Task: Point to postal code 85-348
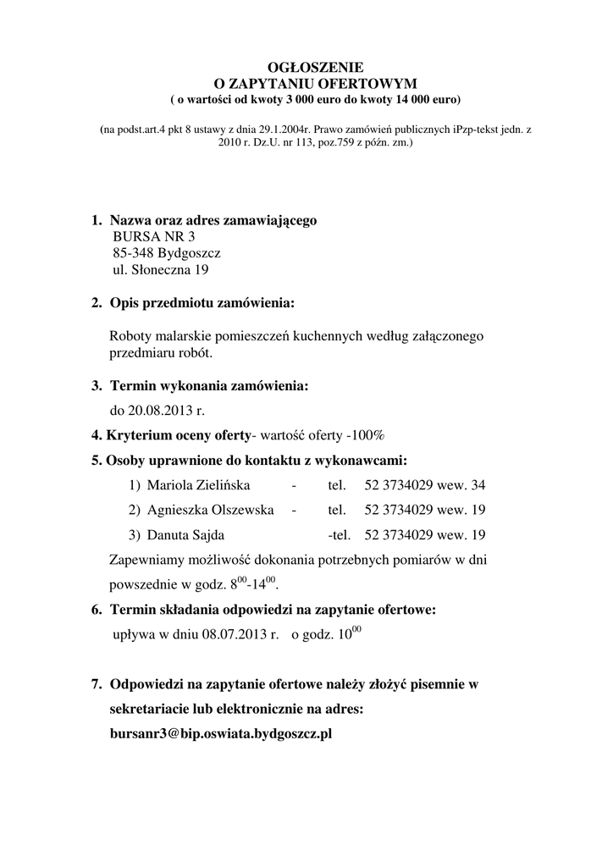coord(133,254)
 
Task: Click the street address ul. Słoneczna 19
coord(160,271)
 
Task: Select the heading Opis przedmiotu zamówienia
coord(203,303)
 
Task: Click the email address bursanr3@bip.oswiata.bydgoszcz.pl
coord(221,734)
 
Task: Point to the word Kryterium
coord(141,436)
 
